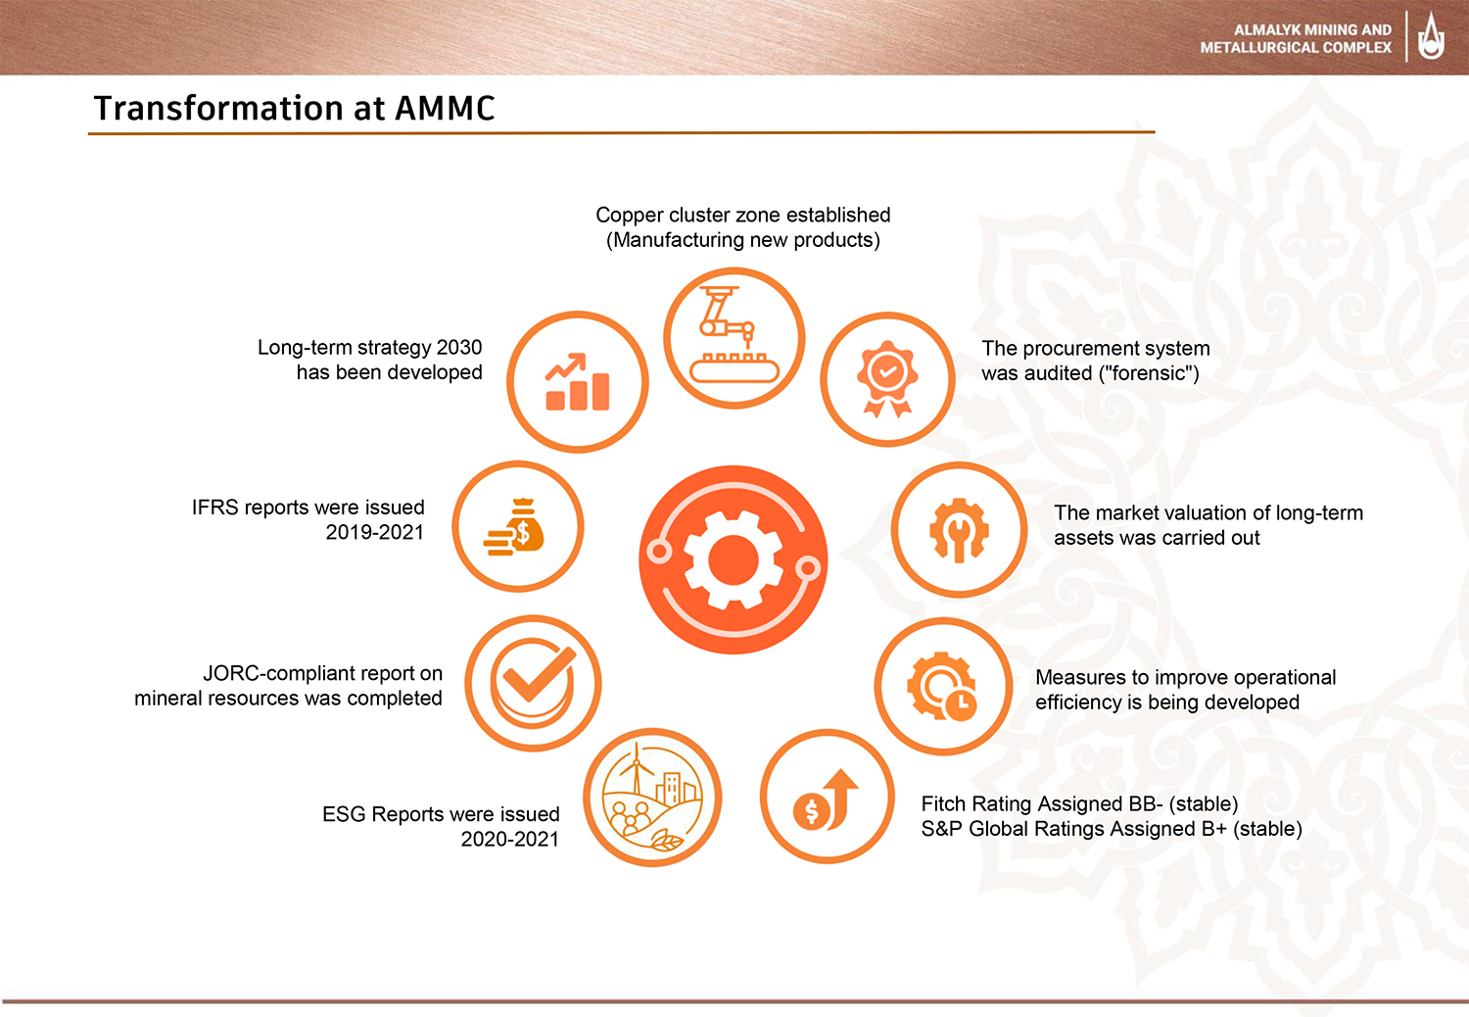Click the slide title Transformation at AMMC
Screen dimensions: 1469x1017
pyautogui.click(x=295, y=108)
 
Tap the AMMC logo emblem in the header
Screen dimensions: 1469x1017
pyautogui.click(x=1431, y=37)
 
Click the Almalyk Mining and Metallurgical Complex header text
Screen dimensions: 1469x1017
pyautogui.click(x=1296, y=39)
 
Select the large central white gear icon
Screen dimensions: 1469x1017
pyautogui.click(x=734, y=559)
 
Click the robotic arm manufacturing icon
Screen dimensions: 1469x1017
pyautogui.click(x=734, y=334)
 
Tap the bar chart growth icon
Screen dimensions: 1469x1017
pyautogui.click(x=577, y=382)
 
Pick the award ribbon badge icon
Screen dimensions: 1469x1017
pyautogui.click(x=887, y=378)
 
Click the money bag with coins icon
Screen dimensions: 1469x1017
pyautogui.click(x=514, y=527)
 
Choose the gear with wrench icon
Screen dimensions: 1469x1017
pyautogui.click(x=959, y=529)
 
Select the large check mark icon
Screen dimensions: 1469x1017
pyautogui.click(x=534, y=682)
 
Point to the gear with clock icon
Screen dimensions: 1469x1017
pyautogui.click(x=942, y=686)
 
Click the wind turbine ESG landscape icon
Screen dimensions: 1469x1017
pyautogui.click(x=652, y=798)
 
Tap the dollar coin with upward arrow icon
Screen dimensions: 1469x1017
pyautogui.click(x=827, y=799)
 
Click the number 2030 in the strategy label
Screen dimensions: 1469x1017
pyautogui.click(x=459, y=347)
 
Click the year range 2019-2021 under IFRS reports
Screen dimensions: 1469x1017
pyautogui.click(x=374, y=532)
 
